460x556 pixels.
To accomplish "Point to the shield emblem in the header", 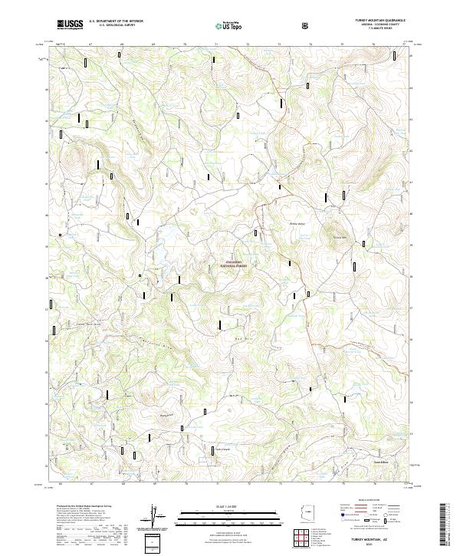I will pos(307,25).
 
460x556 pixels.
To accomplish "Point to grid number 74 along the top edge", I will pos(310,45).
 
